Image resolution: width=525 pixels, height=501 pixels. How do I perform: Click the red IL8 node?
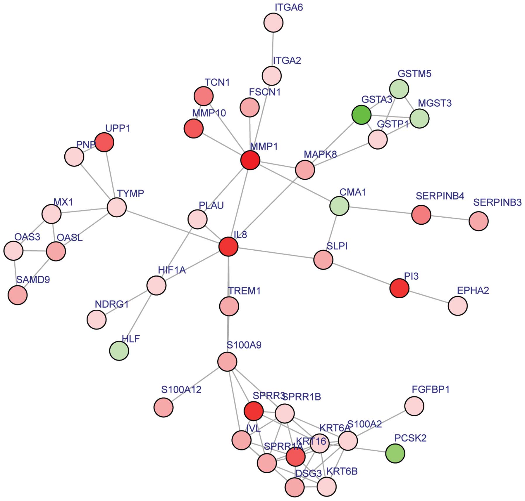228,247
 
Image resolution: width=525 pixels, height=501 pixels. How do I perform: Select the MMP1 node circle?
250,160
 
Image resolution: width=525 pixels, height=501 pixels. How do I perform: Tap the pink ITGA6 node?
273,22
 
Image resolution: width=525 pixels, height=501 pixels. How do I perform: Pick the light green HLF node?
119,351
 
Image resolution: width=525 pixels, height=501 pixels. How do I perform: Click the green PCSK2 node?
395,453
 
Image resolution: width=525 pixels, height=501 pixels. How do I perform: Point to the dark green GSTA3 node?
362,115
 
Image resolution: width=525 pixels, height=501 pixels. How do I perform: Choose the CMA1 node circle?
339,206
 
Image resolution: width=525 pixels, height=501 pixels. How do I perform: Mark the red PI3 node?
400,288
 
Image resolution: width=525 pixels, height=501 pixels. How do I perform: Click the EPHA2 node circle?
458,306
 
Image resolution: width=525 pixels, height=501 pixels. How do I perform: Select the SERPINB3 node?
478,221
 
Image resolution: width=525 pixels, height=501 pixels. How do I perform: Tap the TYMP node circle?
117,207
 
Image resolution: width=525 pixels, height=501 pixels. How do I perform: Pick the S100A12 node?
163,407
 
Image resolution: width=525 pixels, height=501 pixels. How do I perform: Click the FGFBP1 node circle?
414,406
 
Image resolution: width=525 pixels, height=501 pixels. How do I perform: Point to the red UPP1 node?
104,142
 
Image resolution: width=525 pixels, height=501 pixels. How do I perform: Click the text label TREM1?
244,291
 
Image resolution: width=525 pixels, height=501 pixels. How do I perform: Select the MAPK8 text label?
320,154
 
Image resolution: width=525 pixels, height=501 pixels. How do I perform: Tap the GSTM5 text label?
414,74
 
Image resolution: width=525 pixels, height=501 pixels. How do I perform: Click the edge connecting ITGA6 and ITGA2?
273,49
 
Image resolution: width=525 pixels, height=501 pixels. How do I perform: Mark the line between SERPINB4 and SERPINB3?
450,218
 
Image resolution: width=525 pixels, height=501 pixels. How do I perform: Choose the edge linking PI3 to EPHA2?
428,297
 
